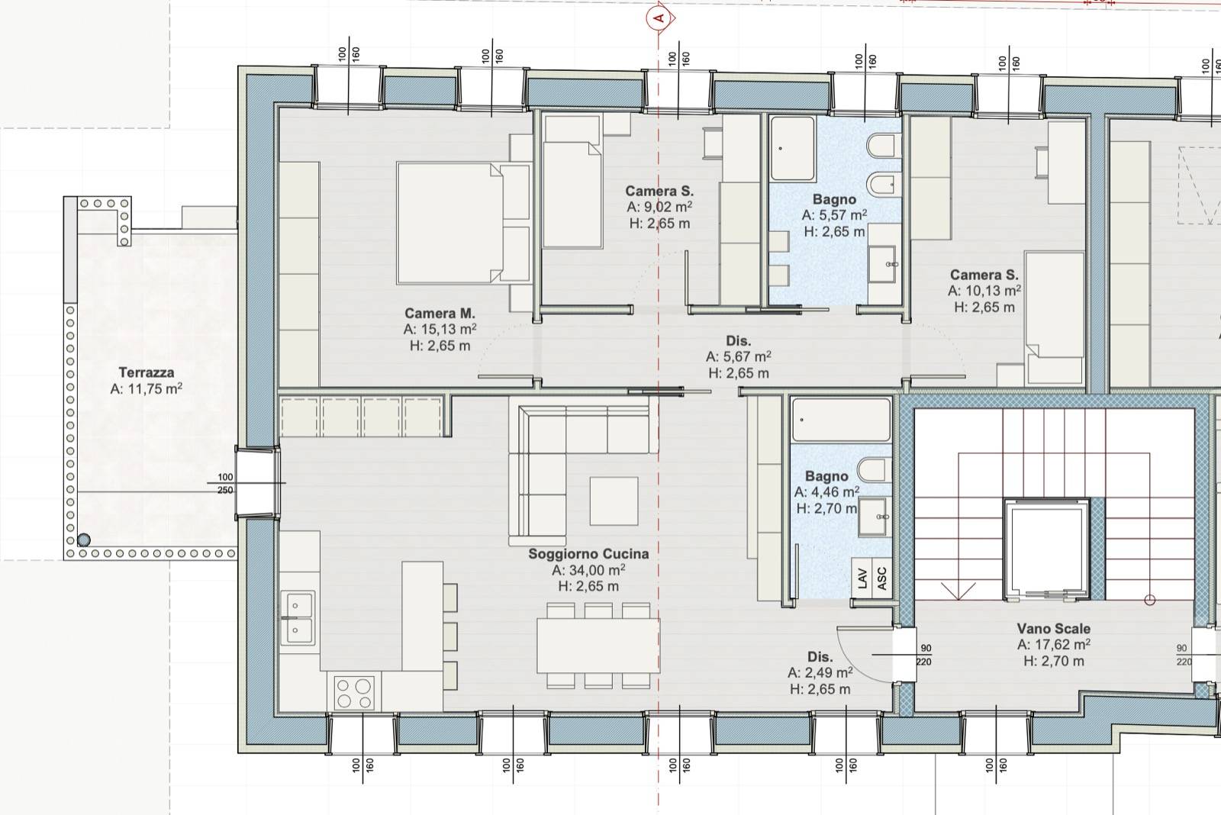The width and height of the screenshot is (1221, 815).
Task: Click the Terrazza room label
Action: (x=147, y=372)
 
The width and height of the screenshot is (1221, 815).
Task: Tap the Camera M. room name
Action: (x=440, y=314)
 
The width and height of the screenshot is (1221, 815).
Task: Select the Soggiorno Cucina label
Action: (x=588, y=554)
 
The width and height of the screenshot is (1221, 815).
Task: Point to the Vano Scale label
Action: (x=1053, y=629)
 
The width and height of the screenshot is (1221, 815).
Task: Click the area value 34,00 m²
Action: (x=588, y=570)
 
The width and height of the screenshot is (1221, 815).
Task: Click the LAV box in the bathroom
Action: (x=862, y=578)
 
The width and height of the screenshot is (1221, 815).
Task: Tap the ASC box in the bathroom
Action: (x=882, y=578)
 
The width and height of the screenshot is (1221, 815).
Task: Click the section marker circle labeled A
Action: (x=659, y=18)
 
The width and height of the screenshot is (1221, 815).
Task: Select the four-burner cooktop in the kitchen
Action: (x=354, y=692)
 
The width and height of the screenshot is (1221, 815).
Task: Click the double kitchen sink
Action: (x=298, y=618)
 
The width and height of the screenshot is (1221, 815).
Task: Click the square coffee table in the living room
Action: (x=614, y=501)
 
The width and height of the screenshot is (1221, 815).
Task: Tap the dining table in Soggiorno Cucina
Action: (x=598, y=646)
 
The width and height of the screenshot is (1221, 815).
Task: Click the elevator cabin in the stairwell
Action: (x=1046, y=549)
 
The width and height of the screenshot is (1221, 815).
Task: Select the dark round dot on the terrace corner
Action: (x=83, y=540)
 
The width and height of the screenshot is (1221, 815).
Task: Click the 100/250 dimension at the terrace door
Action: (x=225, y=484)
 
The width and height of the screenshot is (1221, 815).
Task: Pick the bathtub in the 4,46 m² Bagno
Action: (x=841, y=419)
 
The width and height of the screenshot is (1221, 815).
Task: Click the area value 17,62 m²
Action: (x=1053, y=645)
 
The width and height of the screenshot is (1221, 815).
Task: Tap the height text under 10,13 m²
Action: (x=984, y=308)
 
